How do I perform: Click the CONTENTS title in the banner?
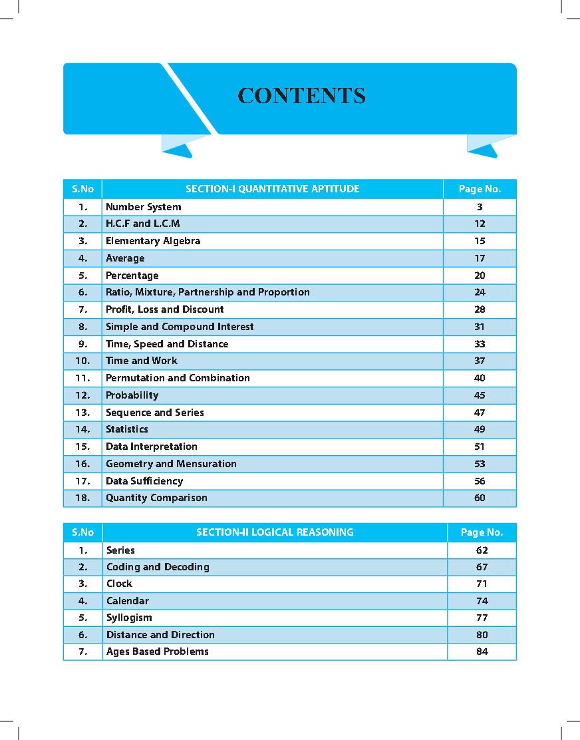pyautogui.click(x=301, y=95)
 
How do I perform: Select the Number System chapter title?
pyautogui.click(x=143, y=207)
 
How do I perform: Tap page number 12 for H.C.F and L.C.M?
pyautogui.click(x=480, y=224)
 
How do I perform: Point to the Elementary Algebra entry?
pyautogui.click(x=153, y=241)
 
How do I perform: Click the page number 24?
pyautogui.click(x=480, y=292)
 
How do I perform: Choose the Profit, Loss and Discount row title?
pyautogui.click(x=164, y=309)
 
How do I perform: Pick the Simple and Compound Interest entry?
pyautogui.click(x=180, y=327)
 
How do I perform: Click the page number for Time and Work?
pyautogui.click(x=480, y=361)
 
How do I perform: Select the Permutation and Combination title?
pyautogui.click(x=178, y=378)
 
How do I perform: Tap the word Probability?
pyautogui.click(x=132, y=395)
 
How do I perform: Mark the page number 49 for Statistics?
pyautogui.click(x=480, y=429)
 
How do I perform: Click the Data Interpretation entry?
pyautogui.click(x=151, y=447)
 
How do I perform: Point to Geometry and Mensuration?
pyautogui.click(x=171, y=464)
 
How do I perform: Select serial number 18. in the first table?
pyautogui.click(x=82, y=498)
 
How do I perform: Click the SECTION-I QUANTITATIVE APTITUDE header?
pyautogui.click(x=272, y=189)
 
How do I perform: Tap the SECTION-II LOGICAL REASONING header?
pyautogui.click(x=275, y=532)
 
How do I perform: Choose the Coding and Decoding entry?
pyautogui.click(x=158, y=567)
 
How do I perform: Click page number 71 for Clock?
pyautogui.click(x=482, y=584)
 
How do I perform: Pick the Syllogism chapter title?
pyautogui.click(x=129, y=618)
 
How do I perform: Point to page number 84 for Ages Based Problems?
pyautogui.click(x=482, y=651)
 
